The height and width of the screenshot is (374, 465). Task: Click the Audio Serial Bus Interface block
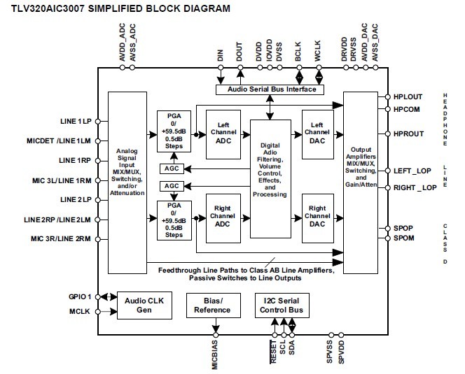(267, 89)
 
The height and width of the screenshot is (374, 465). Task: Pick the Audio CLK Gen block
(144, 306)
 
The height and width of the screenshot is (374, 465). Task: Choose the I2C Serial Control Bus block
(277, 306)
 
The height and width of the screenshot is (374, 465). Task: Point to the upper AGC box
(171, 168)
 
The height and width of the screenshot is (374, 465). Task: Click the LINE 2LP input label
(76, 199)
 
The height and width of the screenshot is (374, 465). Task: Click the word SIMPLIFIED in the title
(114, 8)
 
